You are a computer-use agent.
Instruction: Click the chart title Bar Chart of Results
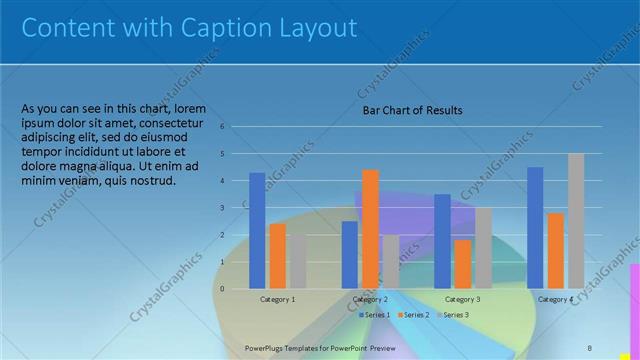tap(412, 110)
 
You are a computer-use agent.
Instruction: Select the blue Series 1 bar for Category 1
tap(257, 230)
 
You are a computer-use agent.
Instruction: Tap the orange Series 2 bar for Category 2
tap(370, 229)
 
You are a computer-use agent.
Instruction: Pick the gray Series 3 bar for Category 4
tap(576, 221)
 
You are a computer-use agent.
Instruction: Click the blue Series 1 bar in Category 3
tap(442, 241)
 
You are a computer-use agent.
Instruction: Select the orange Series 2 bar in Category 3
tap(462, 264)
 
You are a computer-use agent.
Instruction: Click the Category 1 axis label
tap(277, 299)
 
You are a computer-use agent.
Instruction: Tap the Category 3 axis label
tap(462, 299)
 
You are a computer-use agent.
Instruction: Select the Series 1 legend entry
tap(375, 315)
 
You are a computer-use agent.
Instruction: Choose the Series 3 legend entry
tap(452, 315)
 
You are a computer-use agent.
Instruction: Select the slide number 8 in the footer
tap(589, 347)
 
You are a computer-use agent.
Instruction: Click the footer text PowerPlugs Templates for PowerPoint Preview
tap(320, 347)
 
